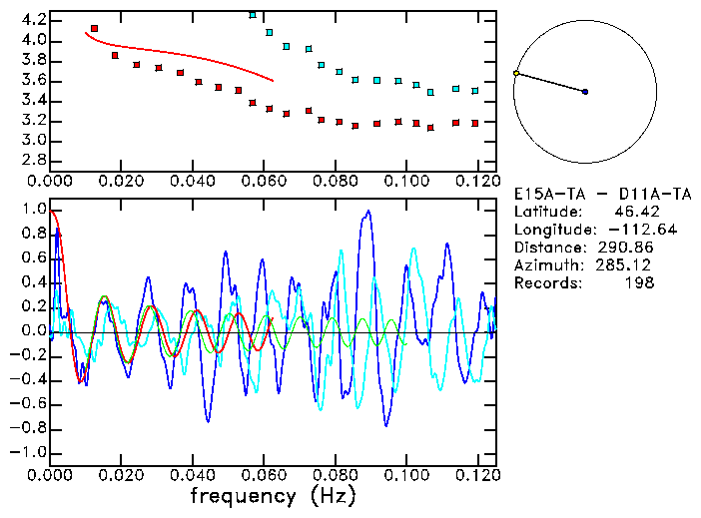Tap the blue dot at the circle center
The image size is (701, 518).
(x=585, y=92)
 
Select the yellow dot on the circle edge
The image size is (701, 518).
(x=516, y=73)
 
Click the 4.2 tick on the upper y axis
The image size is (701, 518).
(x=33, y=20)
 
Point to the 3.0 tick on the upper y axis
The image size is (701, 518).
(x=33, y=141)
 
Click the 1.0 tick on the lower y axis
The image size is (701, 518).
(x=33, y=211)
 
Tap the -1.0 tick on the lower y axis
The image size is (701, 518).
(x=30, y=452)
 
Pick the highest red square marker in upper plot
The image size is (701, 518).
(x=94, y=29)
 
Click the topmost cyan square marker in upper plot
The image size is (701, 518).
(x=253, y=15)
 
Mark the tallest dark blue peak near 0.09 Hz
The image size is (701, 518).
(x=368, y=212)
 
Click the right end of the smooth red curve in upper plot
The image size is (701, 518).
(x=272, y=80)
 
